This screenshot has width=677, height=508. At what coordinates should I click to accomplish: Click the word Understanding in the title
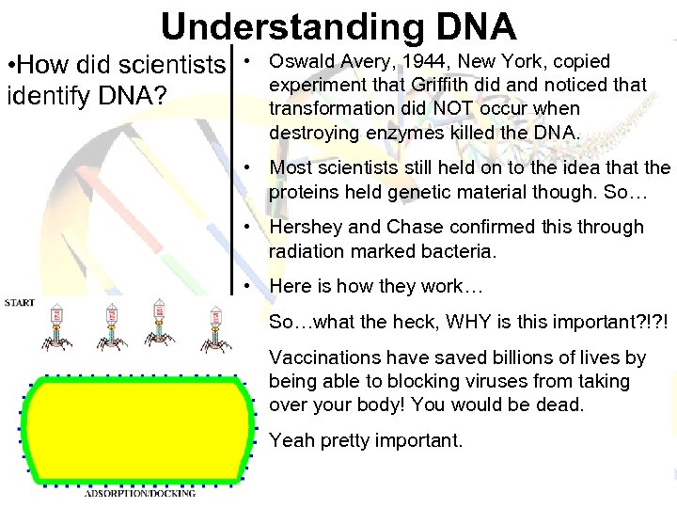(x=268, y=25)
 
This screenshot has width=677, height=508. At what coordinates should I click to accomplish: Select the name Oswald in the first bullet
(x=300, y=61)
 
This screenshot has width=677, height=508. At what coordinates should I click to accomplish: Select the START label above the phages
(x=20, y=303)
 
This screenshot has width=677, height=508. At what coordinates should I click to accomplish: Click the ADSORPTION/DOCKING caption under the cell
(x=140, y=492)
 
